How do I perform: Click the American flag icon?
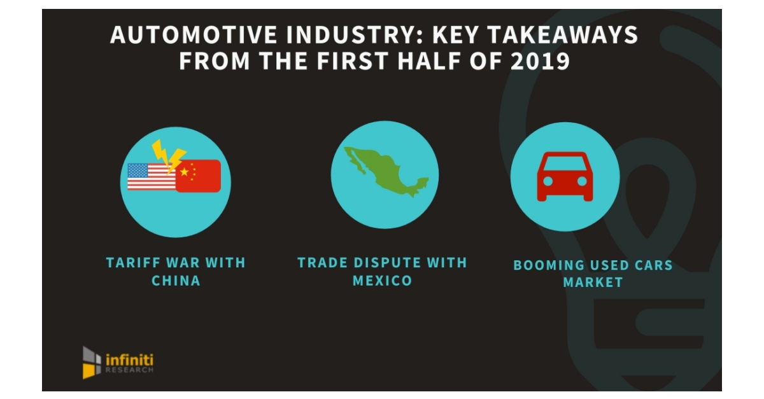click(x=151, y=177)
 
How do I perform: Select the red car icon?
click(x=565, y=176)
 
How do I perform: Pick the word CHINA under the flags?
click(x=176, y=281)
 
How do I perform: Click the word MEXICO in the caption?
click(x=382, y=281)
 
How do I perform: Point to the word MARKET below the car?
click(x=593, y=283)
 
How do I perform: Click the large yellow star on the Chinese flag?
click(x=185, y=172)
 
